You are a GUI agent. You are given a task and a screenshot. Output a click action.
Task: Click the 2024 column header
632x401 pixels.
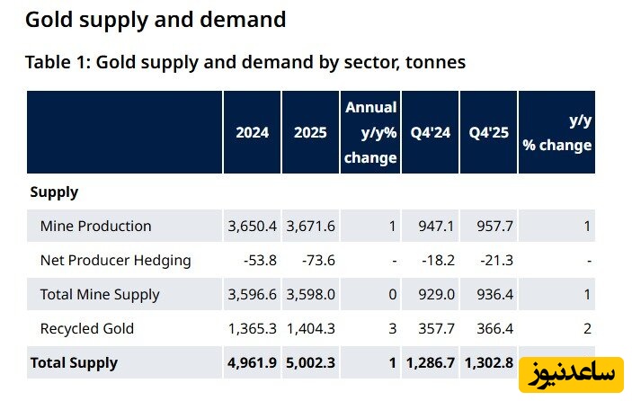click(252, 132)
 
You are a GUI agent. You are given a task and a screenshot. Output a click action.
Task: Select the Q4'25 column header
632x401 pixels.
click(488, 132)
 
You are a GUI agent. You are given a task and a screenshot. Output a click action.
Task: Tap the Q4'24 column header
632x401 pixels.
click(430, 132)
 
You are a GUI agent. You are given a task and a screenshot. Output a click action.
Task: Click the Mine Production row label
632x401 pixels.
click(95, 226)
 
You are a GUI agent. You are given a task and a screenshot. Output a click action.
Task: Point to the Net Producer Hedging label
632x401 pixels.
click(115, 261)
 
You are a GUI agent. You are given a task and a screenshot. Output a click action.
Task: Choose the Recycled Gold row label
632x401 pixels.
click(87, 329)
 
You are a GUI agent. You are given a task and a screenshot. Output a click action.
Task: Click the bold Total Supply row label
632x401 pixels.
click(74, 363)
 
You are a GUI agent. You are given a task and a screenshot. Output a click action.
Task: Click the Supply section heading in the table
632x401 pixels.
click(54, 192)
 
